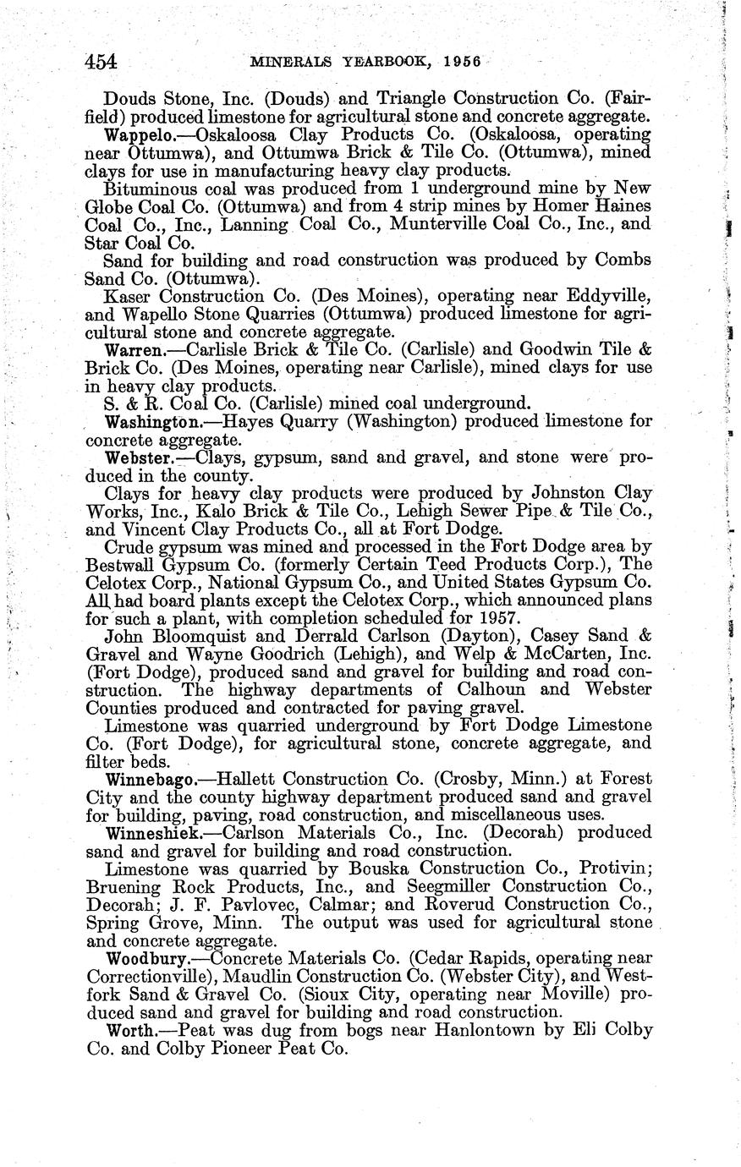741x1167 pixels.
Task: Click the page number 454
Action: click(x=100, y=62)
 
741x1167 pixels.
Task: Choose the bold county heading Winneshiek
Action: click(x=153, y=833)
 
